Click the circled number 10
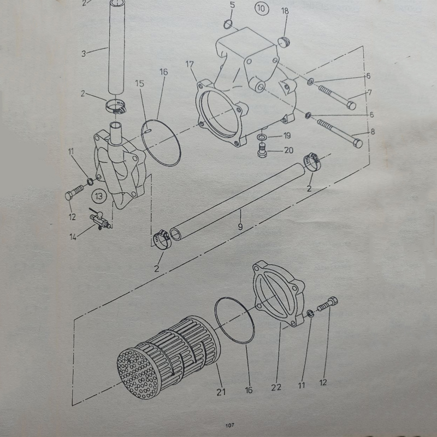262,9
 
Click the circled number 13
99,196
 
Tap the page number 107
229,425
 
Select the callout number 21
221,392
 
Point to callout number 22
276,387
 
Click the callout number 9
240,227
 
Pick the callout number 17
190,64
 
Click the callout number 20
289,151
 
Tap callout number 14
73,237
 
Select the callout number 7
370,92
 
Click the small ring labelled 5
228,25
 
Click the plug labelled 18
284,42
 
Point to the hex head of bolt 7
351,105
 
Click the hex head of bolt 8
358,144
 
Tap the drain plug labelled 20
262,151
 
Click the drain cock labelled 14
99,220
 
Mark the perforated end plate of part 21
137,374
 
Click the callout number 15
140,84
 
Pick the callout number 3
84,54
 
